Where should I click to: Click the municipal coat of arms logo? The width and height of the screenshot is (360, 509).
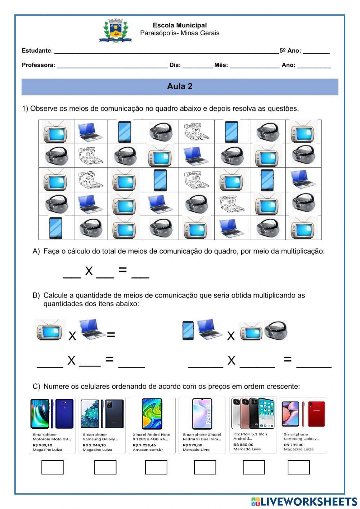point(115,31)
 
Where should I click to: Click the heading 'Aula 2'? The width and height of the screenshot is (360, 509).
point(180,86)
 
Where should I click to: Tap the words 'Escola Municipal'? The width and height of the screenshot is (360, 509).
point(180,25)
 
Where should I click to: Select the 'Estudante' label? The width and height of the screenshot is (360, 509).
point(36,51)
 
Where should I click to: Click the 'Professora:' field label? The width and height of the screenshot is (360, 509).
point(39,65)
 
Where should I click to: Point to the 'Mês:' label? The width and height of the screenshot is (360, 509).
point(221,65)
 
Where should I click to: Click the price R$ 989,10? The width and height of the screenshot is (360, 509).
point(42,445)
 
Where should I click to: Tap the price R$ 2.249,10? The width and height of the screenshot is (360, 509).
point(94,445)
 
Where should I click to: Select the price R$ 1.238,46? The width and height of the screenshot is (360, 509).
point(145,445)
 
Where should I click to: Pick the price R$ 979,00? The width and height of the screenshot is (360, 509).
point(193,445)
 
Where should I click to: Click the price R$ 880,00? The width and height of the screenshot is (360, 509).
point(243,445)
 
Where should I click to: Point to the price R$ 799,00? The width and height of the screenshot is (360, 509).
point(293,445)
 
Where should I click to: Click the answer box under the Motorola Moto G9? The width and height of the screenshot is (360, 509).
point(53,467)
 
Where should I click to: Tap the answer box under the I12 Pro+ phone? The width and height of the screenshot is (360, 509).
point(254,467)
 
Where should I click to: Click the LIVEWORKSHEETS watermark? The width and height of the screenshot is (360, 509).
point(304,501)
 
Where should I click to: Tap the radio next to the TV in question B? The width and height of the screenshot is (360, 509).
point(276,330)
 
